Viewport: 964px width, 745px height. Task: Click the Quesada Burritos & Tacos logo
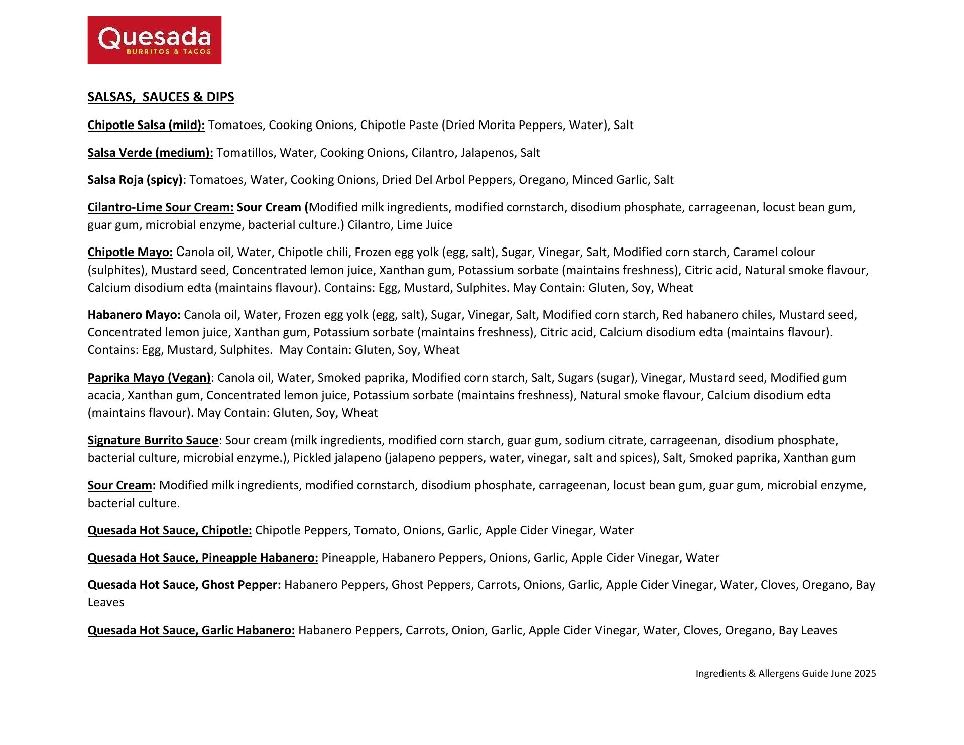154,40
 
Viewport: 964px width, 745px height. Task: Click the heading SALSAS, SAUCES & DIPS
161,97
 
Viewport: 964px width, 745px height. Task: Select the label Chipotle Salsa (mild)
146,125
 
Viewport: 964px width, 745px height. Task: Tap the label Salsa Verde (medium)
150,153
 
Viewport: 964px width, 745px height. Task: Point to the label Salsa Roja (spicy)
135,180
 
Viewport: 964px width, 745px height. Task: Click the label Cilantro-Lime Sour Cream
161,207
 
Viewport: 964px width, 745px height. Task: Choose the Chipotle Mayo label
130,252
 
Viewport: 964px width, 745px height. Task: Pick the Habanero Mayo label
134,315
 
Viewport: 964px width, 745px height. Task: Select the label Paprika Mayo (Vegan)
149,378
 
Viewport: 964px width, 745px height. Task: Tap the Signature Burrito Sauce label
153,440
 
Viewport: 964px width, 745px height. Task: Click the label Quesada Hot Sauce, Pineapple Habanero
203,558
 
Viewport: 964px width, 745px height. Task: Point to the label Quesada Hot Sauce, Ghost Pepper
184,585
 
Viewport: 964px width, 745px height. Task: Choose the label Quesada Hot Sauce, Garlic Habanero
191,630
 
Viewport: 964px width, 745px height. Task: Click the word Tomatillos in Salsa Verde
245,153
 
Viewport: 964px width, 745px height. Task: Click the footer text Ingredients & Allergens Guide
761,674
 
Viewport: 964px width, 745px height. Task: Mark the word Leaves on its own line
106,602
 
